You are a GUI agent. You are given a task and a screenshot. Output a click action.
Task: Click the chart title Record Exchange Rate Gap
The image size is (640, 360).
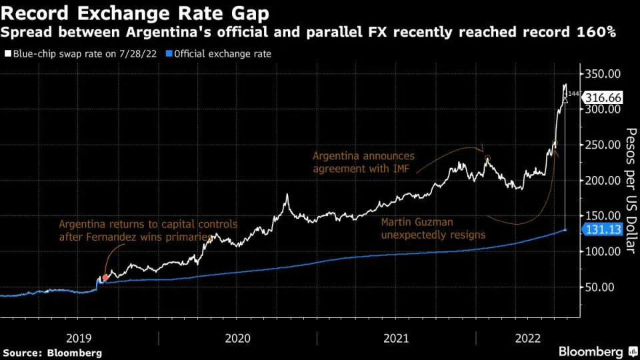point(136,13)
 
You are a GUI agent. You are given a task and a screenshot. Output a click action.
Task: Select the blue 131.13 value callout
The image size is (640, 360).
point(605,229)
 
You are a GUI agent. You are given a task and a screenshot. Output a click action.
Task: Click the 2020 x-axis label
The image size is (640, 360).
point(238,338)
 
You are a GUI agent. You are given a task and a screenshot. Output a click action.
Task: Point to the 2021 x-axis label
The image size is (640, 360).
point(397,338)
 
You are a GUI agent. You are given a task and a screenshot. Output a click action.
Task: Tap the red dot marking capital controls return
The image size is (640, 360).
point(104,275)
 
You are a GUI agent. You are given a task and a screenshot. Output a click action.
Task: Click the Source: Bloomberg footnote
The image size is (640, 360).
point(53,352)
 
